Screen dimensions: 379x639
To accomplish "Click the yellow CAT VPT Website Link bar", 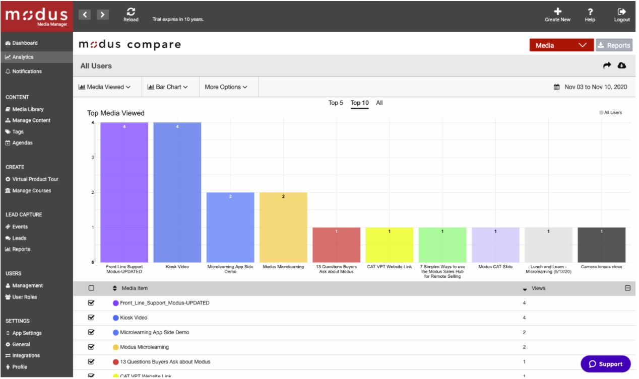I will click(390, 245).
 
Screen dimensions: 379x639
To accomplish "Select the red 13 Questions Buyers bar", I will click(336, 245).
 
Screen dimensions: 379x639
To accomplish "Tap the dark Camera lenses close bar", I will click(601, 245).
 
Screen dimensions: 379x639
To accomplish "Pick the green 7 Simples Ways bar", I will click(442, 245).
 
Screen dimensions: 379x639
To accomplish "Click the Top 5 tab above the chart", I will click(336, 103).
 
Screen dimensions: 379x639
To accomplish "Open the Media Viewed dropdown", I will click(105, 87).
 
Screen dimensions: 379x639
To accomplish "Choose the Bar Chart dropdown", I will click(168, 87).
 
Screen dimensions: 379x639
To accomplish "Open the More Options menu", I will click(226, 87).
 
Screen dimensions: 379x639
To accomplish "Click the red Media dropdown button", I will click(561, 45).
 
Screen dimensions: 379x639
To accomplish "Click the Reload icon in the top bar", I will click(131, 12).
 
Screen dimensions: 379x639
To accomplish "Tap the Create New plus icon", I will click(557, 12).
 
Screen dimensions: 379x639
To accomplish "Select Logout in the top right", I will click(622, 12).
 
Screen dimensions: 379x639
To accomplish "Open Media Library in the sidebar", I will click(28, 109).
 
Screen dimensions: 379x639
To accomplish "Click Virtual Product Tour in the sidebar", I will click(35, 179).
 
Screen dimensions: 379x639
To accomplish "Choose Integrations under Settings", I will click(26, 356).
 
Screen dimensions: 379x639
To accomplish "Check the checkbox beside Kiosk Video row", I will click(91, 318).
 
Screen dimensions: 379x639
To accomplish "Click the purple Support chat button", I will click(605, 364).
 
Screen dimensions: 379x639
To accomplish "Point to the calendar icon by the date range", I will click(557, 87).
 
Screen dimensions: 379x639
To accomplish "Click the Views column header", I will click(538, 288).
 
